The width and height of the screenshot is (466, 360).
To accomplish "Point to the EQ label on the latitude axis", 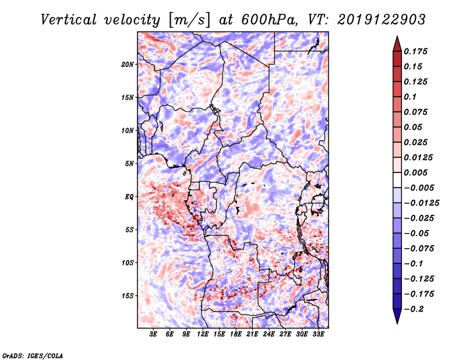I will coord(130,197).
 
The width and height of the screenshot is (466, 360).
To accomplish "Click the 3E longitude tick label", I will coord(154,335).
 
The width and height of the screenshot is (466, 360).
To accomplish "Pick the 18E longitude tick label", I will coord(236,335).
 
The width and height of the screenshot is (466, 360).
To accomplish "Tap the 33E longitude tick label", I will coord(318,335).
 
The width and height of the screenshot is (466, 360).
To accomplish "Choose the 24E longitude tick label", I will coord(269,335).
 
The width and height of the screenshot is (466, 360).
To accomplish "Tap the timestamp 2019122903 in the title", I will coord(376,20).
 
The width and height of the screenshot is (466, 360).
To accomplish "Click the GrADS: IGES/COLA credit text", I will coord(33,354).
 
